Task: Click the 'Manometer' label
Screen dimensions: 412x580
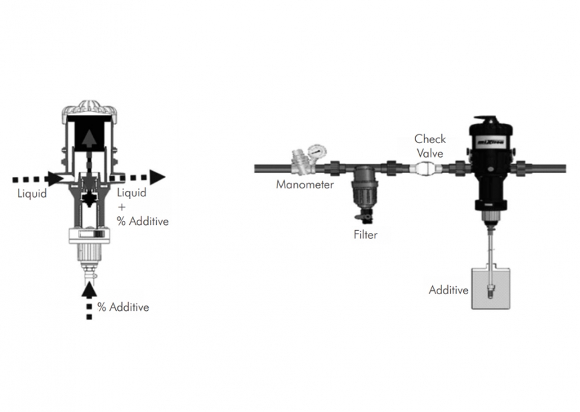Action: pyautogui.click(x=305, y=184)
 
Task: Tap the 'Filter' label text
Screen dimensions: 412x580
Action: pyautogui.click(x=365, y=234)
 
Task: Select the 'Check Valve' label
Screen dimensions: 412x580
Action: pyautogui.click(x=430, y=146)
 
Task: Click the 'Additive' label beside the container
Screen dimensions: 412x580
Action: pyautogui.click(x=448, y=290)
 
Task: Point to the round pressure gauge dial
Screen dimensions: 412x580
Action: pyautogui.click(x=318, y=151)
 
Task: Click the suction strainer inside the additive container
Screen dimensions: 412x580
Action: pyautogui.click(x=490, y=292)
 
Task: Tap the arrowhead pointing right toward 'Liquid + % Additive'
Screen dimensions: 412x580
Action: pyautogui.click(x=157, y=177)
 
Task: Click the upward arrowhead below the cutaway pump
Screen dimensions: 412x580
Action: pyautogui.click(x=89, y=290)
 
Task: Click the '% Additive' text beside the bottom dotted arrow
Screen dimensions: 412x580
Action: pyautogui.click(x=123, y=307)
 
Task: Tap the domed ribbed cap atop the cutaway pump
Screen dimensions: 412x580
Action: pyautogui.click(x=89, y=108)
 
